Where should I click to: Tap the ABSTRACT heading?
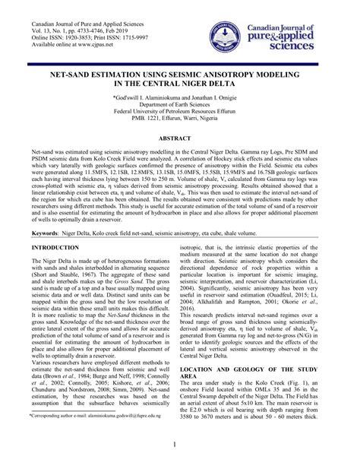click(180, 139)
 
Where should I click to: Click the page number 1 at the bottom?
click(180, 445)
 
